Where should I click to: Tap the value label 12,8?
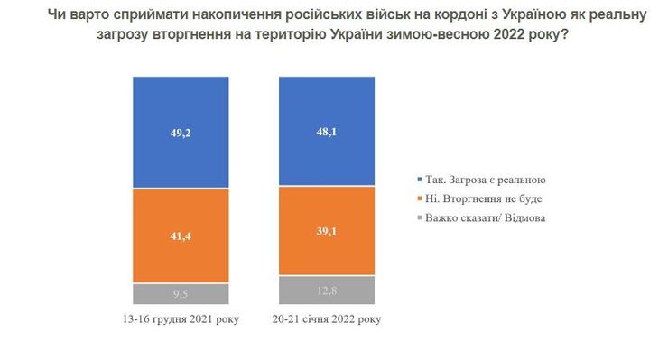tap(326, 290)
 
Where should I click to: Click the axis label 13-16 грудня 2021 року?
tap(181, 319)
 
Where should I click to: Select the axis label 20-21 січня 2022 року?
tap(326, 319)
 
